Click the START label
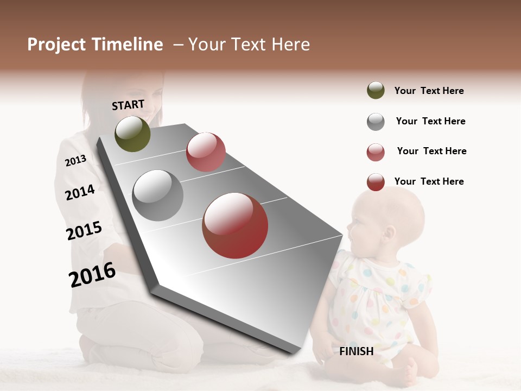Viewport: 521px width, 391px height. (x=128, y=105)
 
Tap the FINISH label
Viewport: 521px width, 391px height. (x=357, y=351)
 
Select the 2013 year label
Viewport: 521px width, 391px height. (x=75, y=161)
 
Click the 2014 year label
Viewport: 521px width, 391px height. (x=80, y=192)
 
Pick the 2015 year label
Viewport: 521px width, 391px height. (x=84, y=231)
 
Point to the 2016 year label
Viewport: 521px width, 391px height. (x=92, y=275)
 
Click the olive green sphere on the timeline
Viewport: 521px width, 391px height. (x=132, y=134)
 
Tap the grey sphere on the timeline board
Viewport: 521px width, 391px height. (x=158, y=195)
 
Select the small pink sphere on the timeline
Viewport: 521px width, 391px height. (x=206, y=152)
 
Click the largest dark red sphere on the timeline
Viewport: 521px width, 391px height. (x=235, y=225)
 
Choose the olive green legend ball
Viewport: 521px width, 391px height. (x=376, y=91)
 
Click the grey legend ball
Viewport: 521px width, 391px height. (x=376, y=122)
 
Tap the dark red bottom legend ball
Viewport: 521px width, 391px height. (x=376, y=182)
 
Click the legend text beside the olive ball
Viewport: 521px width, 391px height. (x=429, y=91)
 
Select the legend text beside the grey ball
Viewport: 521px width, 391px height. (x=430, y=121)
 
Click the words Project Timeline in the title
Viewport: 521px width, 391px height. (x=95, y=45)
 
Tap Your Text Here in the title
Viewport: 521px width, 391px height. (x=249, y=45)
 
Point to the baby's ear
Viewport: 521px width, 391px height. (x=389, y=234)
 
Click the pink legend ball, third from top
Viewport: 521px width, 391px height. (x=376, y=152)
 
